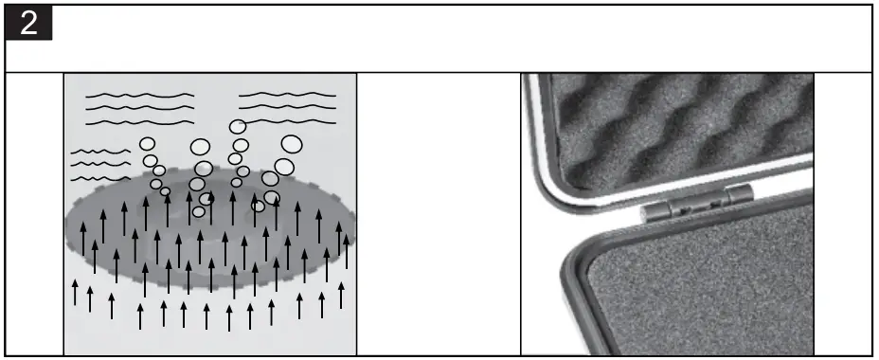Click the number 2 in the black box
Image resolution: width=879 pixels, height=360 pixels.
pyautogui.click(x=29, y=25)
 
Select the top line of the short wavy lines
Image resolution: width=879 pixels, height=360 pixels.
pyautogui.click(x=100, y=152)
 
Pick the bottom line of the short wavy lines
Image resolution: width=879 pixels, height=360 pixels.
pyautogui.click(x=100, y=177)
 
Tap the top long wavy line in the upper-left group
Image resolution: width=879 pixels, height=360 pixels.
pyautogui.click(x=139, y=96)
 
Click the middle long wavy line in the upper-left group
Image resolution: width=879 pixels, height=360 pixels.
pyautogui.click(x=139, y=109)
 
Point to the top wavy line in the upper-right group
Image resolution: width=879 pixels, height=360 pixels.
pyautogui.click(x=287, y=95)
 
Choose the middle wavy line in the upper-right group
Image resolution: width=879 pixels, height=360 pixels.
pyautogui.click(x=287, y=108)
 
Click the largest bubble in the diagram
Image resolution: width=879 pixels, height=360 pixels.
pyautogui.click(x=293, y=145)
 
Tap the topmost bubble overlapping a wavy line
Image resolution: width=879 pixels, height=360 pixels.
pyautogui.click(x=238, y=126)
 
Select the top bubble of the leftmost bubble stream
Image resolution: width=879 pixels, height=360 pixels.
pyautogui.click(x=148, y=144)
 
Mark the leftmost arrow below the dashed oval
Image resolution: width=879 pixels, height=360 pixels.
pyautogui.click(x=75, y=292)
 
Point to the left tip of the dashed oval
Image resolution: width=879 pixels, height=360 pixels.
pyautogui.click(x=67, y=225)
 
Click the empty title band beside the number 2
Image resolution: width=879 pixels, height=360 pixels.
pyautogui.click(x=455, y=38)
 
